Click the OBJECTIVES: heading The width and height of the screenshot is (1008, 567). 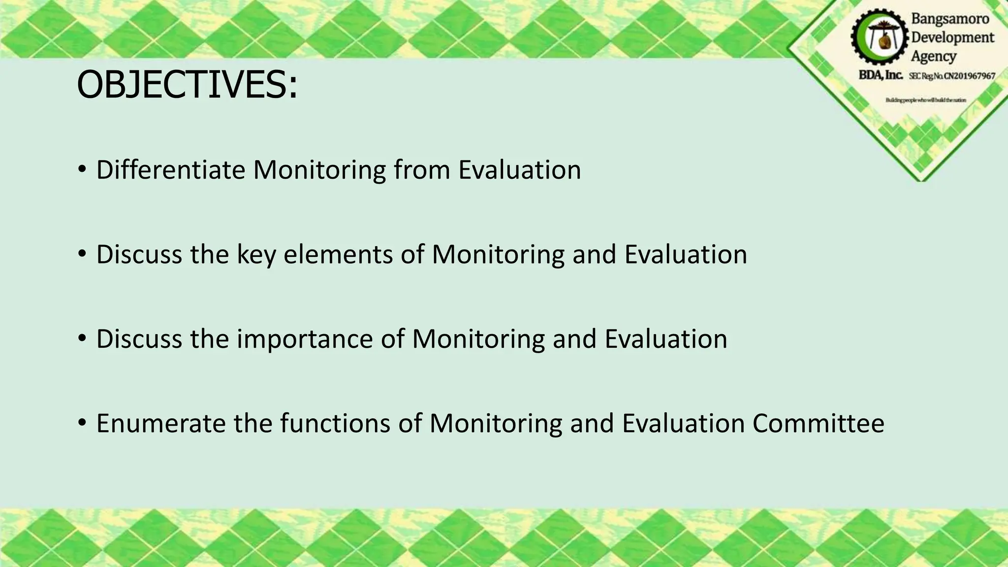click(x=187, y=85)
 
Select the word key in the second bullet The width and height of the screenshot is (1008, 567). click(x=255, y=255)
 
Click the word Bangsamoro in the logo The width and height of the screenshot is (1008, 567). click(x=950, y=19)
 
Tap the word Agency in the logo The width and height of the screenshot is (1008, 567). click(x=933, y=56)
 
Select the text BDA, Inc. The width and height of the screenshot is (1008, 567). click(x=881, y=75)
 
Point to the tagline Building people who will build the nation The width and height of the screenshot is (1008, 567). click(x=925, y=100)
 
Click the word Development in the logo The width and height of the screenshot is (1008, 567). click(x=952, y=37)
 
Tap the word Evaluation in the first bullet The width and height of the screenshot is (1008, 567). click(x=520, y=170)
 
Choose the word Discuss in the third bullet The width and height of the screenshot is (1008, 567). click(x=139, y=339)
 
